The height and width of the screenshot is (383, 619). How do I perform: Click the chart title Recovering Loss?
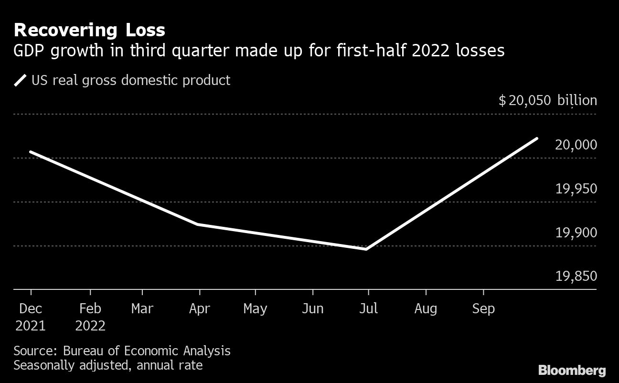coord(89,30)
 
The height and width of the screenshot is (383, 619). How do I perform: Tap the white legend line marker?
coord(21,80)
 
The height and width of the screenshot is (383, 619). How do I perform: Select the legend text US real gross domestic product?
coord(130,80)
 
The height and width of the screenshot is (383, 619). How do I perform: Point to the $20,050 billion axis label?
coord(547,101)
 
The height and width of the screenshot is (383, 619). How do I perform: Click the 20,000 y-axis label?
coord(576,145)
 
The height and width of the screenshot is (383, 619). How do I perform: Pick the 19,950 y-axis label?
coord(576,189)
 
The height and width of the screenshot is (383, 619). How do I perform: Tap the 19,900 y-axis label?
coord(576,233)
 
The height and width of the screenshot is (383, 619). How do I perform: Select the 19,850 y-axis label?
coord(576,277)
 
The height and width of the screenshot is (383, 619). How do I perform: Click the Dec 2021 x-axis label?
coord(31,317)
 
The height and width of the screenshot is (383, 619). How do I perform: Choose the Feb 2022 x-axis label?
coord(90,317)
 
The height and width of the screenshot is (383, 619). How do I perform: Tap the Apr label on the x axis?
coord(199,309)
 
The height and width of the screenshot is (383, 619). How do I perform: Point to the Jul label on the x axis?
coord(368,309)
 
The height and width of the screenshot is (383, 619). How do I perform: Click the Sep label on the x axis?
coord(483,309)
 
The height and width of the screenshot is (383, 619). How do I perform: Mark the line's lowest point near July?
coord(366,249)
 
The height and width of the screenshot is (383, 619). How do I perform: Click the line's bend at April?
coord(198,224)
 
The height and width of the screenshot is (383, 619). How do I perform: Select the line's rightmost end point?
coord(537,138)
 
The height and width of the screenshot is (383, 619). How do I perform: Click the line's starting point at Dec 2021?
coord(31,152)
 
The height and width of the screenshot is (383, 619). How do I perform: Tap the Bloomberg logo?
coord(572,370)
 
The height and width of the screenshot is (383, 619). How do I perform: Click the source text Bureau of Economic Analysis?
coord(147,351)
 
